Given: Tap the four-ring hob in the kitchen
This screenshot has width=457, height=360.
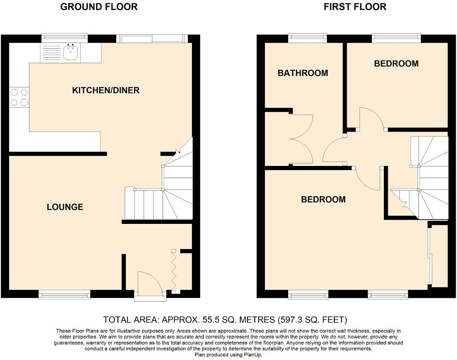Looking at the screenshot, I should click(19, 97).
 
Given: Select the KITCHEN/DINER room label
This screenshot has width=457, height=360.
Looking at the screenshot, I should click(105, 90).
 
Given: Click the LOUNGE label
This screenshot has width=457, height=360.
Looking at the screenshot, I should click(65, 207).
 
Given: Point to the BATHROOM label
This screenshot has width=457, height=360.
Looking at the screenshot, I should click(302, 73).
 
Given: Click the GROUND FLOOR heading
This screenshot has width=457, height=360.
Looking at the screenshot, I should click(99, 7).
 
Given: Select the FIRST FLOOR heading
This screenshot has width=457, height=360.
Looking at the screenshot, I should click(355, 7).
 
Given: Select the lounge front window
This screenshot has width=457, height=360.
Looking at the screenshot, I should click(64, 296).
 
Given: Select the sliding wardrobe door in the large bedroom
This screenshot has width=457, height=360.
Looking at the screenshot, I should click(429, 256).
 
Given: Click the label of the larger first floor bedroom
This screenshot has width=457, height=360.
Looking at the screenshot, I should click(323, 200).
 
